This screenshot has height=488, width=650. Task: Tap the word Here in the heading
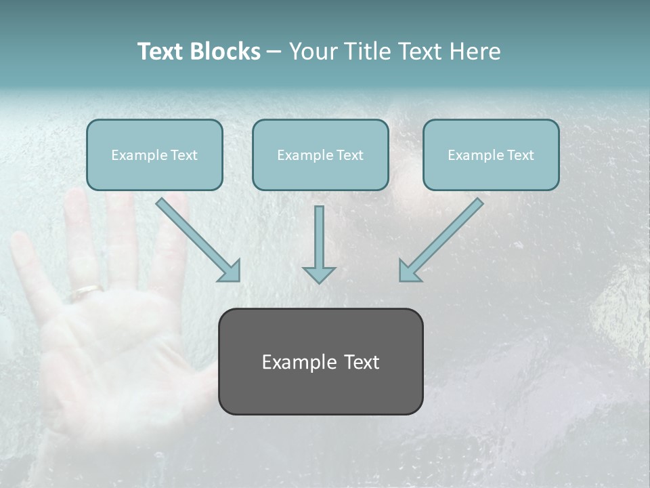(475, 52)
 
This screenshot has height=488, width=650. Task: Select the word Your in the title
(312, 52)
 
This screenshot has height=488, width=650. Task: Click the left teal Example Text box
(154, 155)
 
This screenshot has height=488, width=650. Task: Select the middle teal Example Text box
(320, 155)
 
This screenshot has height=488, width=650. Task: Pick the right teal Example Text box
(491, 155)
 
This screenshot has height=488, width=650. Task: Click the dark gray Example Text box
(320, 361)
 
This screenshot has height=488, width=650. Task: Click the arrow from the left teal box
(198, 239)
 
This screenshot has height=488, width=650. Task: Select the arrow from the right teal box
(441, 239)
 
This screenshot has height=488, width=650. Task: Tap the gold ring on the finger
(87, 291)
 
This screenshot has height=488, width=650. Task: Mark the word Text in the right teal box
(520, 155)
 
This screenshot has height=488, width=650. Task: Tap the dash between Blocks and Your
(274, 52)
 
